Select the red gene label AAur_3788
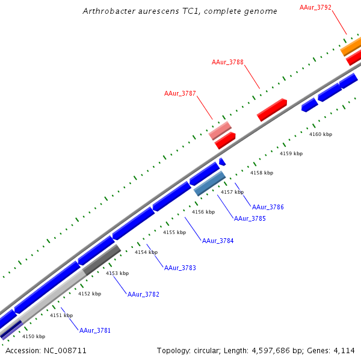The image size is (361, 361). tap(227, 62)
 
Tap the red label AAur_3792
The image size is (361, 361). tap(315, 7)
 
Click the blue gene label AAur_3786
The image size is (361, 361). tap(268, 207)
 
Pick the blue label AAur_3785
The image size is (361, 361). tap(250, 218)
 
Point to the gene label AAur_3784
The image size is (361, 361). tap(218, 241)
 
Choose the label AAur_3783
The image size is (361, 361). tap(180, 268)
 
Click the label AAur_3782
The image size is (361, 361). tap(143, 294)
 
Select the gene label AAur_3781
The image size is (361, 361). tap(95, 330)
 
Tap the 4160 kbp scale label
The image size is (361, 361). tap(321, 134)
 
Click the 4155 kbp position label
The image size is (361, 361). tap(174, 232)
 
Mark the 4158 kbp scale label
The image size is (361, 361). tap(262, 173)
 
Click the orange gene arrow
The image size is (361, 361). tap(351, 47)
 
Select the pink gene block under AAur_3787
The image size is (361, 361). tap(220, 130)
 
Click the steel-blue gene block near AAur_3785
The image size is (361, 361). tap(210, 183)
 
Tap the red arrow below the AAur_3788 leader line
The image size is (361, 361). tap(272, 110)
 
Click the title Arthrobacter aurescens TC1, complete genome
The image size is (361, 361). tap(180, 11)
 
